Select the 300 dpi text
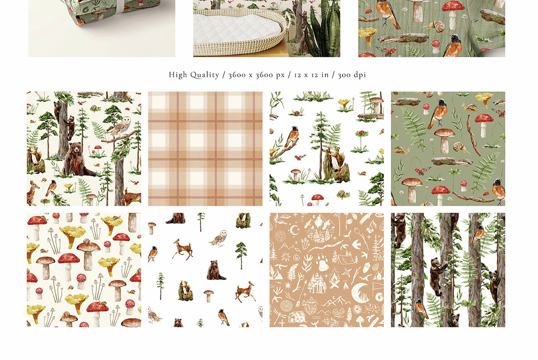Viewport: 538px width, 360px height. pyautogui.click(x=352, y=75)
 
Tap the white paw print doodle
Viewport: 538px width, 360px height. pyautogui.click(x=324, y=263)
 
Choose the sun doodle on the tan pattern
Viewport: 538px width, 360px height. pyautogui.click(x=280, y=237)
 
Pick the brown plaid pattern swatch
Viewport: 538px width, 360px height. pyautogui.click(x=205, y=149)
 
